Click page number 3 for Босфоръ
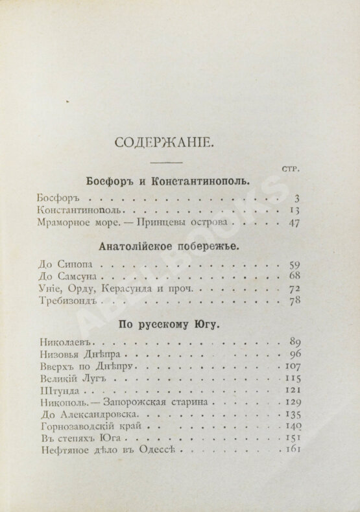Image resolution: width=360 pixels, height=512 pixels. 294,199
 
